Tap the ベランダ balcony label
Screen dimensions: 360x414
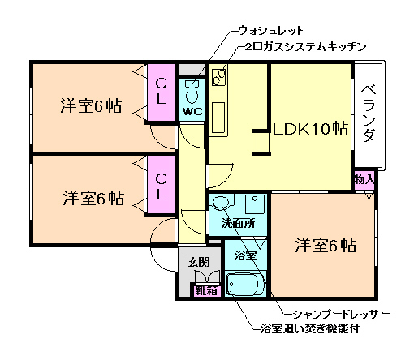click(x=368, y=114)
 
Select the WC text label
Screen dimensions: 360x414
click(x=192, y=110)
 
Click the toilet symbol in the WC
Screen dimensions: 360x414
click(x=192, y=88)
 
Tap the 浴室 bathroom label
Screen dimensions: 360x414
click(x=245, y=255)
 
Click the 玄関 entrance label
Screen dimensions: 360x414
click(x=199, y=261)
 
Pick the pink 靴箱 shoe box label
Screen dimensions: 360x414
click(x=205, y=289)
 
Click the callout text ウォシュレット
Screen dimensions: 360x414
click(x=270, y=31)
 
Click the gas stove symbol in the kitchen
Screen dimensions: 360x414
click(x=219, y=78)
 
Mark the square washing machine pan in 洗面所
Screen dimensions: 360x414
click(x=253, y=204)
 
